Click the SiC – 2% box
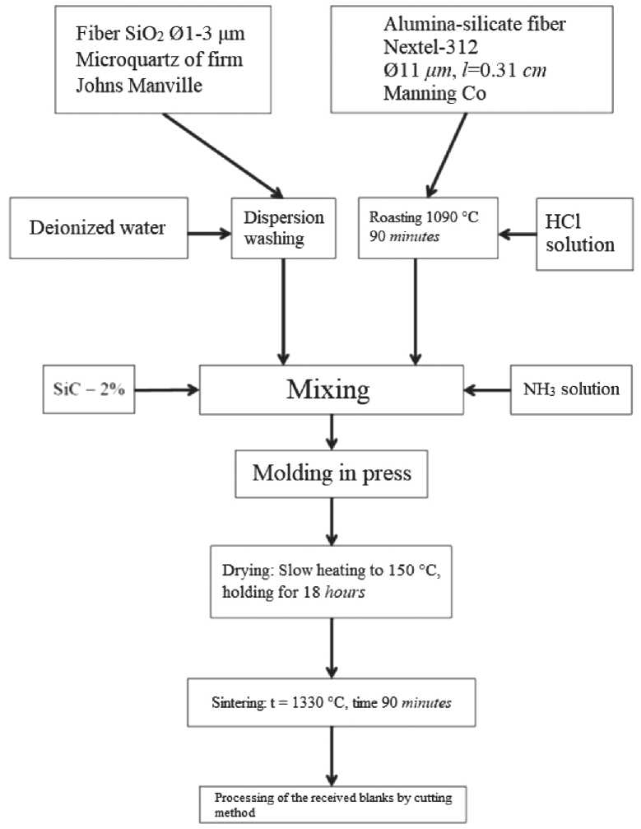click(86, 388)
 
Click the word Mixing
click(327, 389)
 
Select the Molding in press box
click(329, 473)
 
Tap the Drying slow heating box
click(329, 581)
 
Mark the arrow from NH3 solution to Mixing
click(486, 389)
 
